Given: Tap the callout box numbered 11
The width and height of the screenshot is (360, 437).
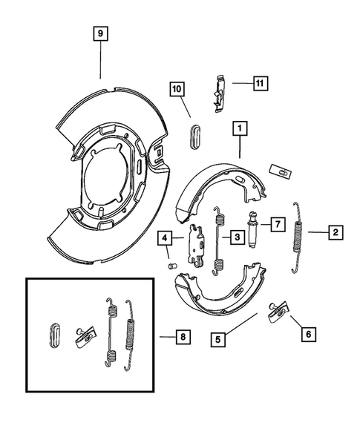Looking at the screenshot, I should [260, 82].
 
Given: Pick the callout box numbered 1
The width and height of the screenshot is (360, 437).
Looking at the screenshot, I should [239, 129].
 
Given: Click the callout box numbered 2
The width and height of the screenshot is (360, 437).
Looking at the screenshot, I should [336, 232].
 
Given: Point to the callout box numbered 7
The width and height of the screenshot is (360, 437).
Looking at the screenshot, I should [275, 223].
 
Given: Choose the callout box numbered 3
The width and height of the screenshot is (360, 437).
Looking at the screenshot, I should [236, 237].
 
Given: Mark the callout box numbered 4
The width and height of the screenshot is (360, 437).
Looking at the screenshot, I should [164, 238].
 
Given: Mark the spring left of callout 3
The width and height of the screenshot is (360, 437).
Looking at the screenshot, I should [218, 237].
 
